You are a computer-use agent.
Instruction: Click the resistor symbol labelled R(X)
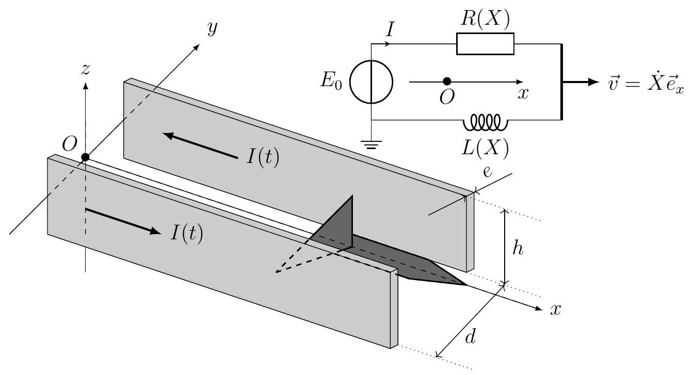click(485, 43)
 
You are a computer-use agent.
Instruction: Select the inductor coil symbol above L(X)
click(485, 123)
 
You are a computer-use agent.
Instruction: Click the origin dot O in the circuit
click(447, 81)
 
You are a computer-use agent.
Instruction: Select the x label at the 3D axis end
click(555, 310)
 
